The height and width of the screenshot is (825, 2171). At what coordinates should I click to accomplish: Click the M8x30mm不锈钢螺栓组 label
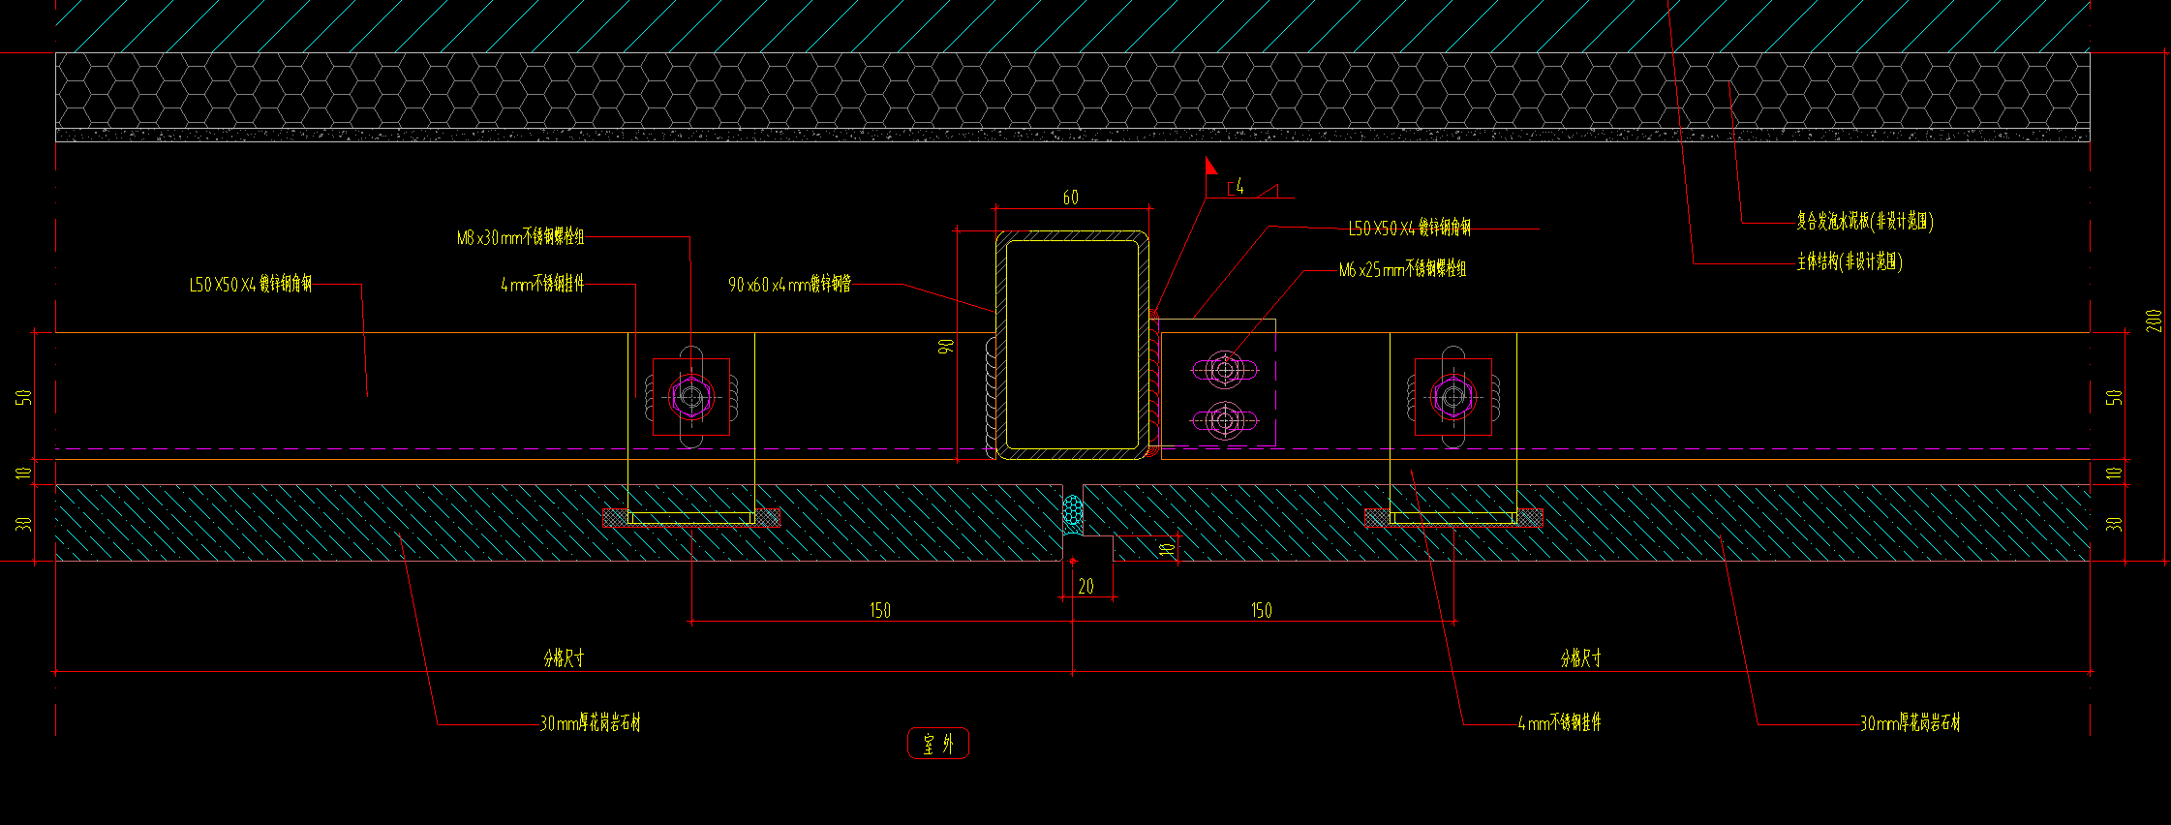[520, 237]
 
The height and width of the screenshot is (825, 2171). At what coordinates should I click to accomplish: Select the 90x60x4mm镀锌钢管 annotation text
[789, 284]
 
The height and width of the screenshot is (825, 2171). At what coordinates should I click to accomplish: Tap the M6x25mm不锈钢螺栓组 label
[1402, 269]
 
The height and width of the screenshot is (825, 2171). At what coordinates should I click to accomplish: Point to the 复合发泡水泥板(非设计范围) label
[1864, 222]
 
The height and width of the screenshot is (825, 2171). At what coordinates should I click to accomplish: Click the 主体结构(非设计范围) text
[1850, 261]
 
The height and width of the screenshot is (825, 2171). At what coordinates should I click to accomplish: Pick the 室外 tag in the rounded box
[938, 744]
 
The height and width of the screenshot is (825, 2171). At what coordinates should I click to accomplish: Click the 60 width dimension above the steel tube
[1070, 198]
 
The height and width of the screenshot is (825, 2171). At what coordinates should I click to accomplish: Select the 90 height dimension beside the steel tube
[947, 345]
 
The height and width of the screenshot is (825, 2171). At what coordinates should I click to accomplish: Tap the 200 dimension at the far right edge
[2154, 321]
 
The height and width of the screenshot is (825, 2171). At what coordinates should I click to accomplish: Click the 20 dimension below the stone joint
[1085, 586]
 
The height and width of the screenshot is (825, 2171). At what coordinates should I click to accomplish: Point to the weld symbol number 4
[1239, 187]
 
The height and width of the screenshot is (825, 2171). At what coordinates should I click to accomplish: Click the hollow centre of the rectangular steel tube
[1071, 344]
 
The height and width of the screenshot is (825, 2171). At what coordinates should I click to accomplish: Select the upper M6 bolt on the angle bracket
[1225, 370]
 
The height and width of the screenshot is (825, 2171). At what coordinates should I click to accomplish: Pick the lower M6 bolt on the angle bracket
[1225, 420]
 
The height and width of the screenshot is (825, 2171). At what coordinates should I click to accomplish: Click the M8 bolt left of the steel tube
[690, 396]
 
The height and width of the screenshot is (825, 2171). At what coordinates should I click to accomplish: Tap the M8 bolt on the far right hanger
[1452, 396]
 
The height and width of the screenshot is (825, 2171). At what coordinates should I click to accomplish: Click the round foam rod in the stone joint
[1072, 510]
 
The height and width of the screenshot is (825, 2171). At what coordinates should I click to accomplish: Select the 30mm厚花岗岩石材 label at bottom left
[590, 722]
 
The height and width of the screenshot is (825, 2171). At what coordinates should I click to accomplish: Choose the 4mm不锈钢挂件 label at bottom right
[1559, 722]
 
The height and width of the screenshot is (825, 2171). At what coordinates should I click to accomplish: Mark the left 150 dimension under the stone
[879, 610]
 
